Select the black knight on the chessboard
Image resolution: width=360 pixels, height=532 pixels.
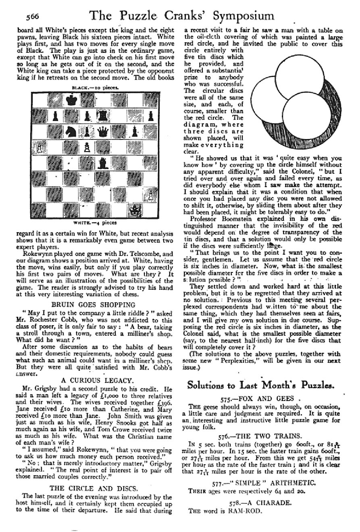tap(72, 131)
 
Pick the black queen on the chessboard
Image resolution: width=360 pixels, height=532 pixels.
tap(104, 131)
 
